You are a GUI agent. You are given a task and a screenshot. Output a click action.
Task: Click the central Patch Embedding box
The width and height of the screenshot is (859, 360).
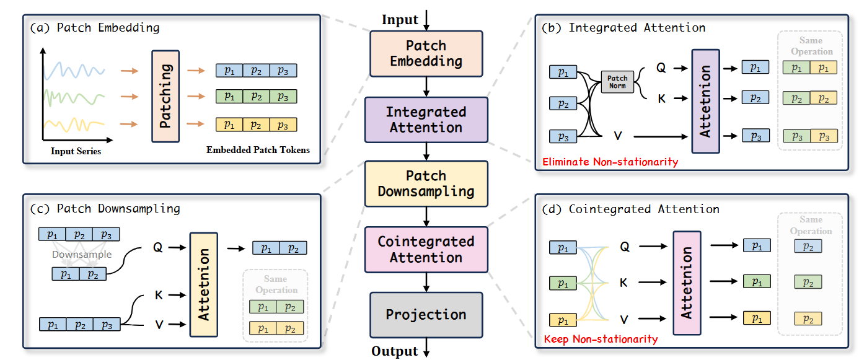tap(426, 54)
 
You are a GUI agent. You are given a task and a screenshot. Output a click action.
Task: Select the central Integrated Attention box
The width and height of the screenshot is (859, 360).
tap(426, 120)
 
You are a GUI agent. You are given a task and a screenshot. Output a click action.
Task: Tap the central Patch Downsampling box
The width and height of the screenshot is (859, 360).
tap(426, 184)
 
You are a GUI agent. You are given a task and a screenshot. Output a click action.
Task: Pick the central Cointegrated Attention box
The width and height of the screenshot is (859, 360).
tap(426, 249)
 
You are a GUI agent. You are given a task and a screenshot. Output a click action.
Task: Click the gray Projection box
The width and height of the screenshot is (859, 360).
tap(426, 315)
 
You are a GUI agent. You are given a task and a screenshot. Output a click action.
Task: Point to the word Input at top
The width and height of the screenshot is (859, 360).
tap(400, 20)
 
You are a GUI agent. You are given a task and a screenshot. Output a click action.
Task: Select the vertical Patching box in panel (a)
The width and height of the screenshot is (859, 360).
tap(165, 97)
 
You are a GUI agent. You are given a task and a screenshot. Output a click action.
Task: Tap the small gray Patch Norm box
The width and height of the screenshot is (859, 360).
tap(617, 82)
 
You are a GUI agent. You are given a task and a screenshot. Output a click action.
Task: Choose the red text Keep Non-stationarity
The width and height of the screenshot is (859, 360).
tap(600, 339)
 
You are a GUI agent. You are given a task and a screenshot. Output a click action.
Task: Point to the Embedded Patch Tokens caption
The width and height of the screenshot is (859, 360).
tap(258, 150)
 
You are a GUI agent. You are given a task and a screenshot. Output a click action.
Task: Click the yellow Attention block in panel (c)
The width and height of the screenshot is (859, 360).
tap(203, 284)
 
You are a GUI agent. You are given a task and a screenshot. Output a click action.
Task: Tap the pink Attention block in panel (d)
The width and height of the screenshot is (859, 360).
tap(687, 283)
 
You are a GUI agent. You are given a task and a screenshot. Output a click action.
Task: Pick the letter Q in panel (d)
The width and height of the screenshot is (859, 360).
tap(624, 246)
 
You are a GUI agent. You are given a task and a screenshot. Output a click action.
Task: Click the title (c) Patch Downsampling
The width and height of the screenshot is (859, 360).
tap(105, 209)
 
